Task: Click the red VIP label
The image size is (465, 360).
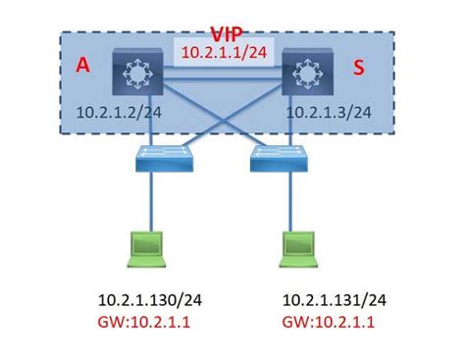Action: coord(232,33)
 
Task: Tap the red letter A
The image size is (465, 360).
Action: coord(82,67)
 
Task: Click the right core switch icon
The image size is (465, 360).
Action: coord(308,74)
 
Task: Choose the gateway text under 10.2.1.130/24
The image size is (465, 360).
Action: coord(144,321)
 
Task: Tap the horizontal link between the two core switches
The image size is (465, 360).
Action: coord(221,71)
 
